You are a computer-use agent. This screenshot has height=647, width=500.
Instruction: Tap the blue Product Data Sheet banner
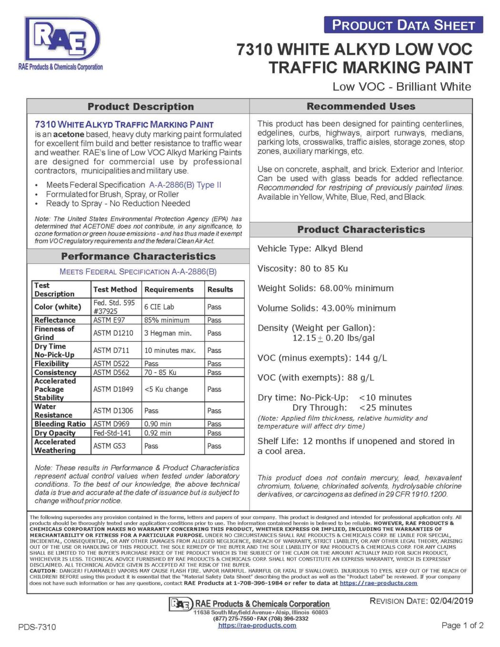coord(403,25)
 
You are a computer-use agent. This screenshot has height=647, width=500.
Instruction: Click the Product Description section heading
coord(140,107)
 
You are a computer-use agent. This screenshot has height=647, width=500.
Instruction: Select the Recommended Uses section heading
coord(360,106)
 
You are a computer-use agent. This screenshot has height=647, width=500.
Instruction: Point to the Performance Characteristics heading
coord(138,256)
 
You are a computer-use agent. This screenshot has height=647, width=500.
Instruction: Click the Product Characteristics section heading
coord(361,229)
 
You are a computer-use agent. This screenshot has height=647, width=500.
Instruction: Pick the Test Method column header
coord(115,289)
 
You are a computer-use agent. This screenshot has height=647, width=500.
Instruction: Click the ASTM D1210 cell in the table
coord(113,333)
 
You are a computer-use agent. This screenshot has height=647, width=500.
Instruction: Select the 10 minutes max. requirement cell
coord(170,350)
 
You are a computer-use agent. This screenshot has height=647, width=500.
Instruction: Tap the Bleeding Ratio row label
coord(60,424)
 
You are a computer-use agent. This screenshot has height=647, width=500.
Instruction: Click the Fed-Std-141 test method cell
coord(112,433)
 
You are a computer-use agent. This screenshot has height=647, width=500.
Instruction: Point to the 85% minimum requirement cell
coord(167,320)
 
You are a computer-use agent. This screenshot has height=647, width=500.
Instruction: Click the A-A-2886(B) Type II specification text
coord(185,185)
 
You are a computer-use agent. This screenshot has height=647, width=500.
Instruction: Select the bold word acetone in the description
coord(69,134)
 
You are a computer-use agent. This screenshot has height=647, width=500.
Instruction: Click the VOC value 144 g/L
coord(370,358)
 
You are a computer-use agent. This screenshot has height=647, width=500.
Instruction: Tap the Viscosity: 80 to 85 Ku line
coord(302,269)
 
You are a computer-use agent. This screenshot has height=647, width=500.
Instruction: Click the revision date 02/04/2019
coord(451,601)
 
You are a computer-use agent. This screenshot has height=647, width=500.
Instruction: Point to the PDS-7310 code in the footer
coord(37,627)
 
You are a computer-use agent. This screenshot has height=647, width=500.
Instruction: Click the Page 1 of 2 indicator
coord(462,626)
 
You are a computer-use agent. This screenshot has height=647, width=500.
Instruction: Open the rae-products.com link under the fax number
coord(257,626)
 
